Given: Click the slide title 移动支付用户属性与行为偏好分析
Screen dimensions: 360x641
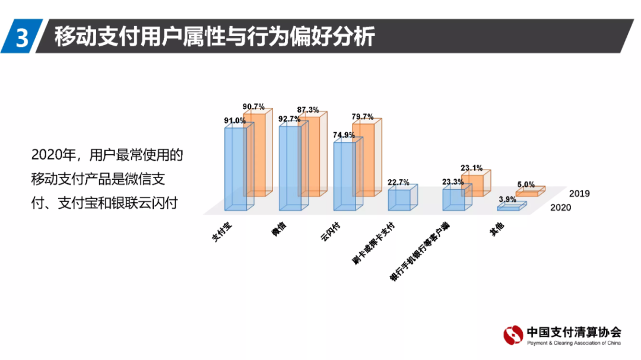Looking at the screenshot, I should (214, 37).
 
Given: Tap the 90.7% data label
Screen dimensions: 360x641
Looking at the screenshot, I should (254, 107).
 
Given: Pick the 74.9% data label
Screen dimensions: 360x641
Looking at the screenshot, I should (343, 135).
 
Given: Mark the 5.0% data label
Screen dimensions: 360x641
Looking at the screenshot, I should (525, 184).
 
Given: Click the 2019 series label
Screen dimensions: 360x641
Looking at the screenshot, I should (579, 193).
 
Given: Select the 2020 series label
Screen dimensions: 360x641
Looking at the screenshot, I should (561, 208).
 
